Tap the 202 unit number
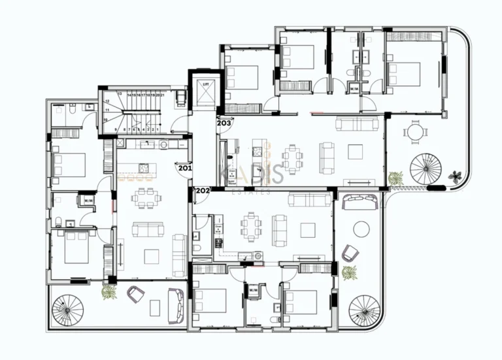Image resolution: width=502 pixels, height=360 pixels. [x=202, y=191]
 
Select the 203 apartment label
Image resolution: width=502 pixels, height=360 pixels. [x=224, y=123]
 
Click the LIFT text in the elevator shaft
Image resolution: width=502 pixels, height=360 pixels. [x=205, y=85]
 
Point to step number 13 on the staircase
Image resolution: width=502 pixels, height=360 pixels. [x=120, y=94]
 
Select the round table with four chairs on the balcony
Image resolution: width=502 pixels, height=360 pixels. [x=415, y=133]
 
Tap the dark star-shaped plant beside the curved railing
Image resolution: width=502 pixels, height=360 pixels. [x=455, y=176]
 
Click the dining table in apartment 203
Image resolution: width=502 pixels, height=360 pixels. [x=292, y=157]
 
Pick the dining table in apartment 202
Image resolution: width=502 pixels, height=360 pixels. [x=250, y=227]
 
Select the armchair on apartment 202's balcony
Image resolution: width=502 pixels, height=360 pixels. [x=350, y=252]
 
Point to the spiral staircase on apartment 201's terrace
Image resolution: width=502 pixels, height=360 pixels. [x=67, y=311]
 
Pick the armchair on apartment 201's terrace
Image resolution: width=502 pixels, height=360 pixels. [x=136, y=295]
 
